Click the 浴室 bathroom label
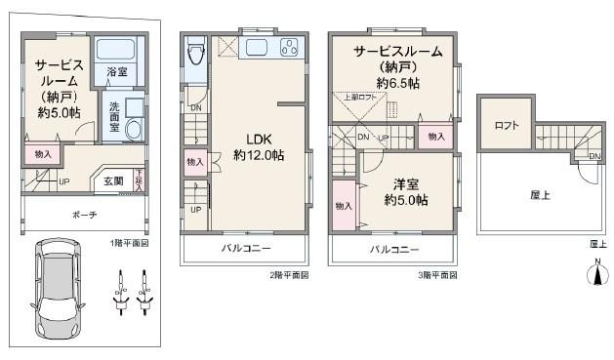(x=117, y=70)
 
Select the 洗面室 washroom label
(x=113, y=115)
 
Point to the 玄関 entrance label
(x=112, y=180)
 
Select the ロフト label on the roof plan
(x=506, y=126)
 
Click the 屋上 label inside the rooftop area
(x=540, y=195)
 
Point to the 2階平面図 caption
(x=289, y=275)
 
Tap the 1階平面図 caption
(x=130, y=242)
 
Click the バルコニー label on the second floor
(x=244, y=250)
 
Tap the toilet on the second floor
(x=194, y=51)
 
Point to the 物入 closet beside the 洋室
(x=344, y=206)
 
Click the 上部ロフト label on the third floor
(x=359, y=98)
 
